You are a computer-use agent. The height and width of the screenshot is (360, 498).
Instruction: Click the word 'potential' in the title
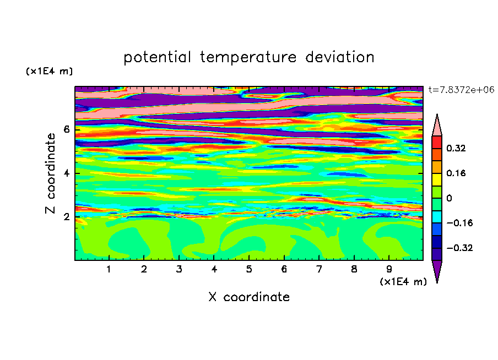157,58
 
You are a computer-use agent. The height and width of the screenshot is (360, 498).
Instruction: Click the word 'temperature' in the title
248,58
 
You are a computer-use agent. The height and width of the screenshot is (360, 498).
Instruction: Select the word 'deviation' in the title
340,57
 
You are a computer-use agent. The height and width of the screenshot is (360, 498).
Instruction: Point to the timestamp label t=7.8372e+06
461,90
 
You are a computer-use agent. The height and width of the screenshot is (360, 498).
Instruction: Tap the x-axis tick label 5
249,269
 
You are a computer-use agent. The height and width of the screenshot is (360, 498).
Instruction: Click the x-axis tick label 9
389,269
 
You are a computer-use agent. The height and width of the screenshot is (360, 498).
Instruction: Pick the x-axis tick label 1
109,269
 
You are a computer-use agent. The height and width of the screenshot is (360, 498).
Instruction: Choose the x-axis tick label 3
179,269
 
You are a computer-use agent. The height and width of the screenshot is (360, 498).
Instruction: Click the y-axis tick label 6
66,129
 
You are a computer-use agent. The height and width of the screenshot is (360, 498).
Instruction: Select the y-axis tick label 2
66,217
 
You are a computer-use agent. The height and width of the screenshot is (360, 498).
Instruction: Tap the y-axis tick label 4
66,173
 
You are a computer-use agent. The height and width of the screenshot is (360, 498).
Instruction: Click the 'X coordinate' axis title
250,297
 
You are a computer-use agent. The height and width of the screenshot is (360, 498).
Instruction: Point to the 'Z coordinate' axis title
51,173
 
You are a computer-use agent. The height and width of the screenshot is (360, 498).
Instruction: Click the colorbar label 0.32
456,148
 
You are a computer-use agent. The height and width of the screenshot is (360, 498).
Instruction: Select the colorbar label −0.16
459,223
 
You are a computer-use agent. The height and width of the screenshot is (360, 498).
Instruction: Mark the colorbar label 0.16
456,173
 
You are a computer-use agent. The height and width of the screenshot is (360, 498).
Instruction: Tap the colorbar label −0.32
459,248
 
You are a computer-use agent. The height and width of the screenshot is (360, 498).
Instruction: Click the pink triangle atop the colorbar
437,127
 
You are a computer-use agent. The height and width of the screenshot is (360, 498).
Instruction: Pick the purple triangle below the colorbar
437,269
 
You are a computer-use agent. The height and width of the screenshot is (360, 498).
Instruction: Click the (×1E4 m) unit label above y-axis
49,71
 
